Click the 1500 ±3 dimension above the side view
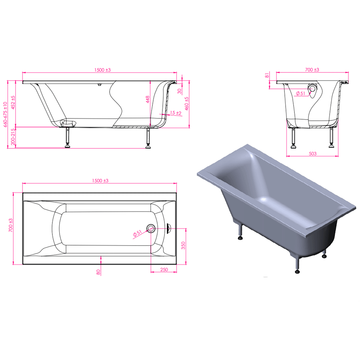[x=102, y=70]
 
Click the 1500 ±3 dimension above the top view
[x=100, y=181]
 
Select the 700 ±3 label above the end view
[x=312, y=70]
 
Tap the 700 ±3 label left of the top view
[x=10, y=225]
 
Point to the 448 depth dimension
[x=148, y=100]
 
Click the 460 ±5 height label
[x=187, y=103]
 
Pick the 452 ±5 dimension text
[x=13, y=102]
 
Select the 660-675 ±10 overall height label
[x=6, y=114]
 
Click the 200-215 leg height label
[x=13, y=136]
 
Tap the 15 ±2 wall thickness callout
[x=176, y=113]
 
